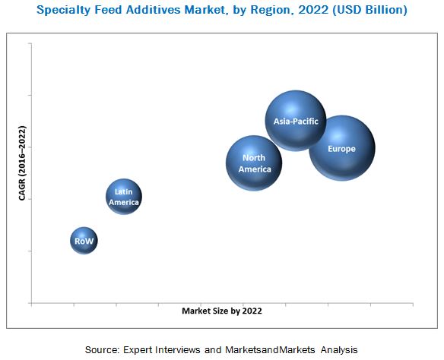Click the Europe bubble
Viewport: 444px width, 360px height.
pyautogui.click(x=341, y=148)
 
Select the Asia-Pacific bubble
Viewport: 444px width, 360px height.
pyautogui.click(x=296, y=121)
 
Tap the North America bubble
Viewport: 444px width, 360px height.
pyautogui.click(x=254, y=163)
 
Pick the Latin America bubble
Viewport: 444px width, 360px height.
pyautogui.click(x=123, y=197)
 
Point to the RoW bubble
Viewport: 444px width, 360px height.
pyautogui.click(x=84, y=241)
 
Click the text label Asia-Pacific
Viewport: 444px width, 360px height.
pyautogui.click(x=296, y=121)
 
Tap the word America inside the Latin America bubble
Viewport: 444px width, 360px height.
pyautogui.click(x=123, y=203)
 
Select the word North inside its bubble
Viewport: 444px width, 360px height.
pyautogui.click(x=254, y=157)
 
